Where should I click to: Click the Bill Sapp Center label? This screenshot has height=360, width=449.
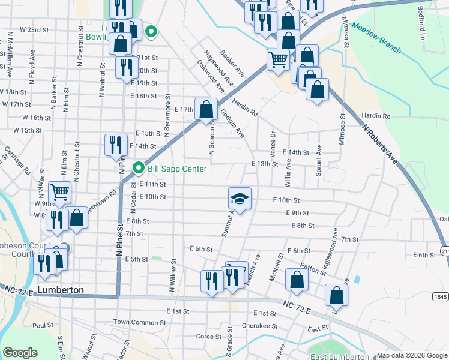click(177, 169)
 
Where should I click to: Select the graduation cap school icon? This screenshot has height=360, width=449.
click(240, 198)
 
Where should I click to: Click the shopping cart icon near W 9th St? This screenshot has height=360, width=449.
click(60, 193)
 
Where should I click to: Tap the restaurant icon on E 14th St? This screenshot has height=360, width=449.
click(115, 145)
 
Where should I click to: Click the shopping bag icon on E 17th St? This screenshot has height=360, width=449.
click(206, 109)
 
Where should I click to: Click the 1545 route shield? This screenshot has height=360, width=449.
click(439, 296)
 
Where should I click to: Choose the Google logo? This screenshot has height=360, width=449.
click(20, 353)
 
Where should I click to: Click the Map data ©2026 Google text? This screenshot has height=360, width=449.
click(411, 355)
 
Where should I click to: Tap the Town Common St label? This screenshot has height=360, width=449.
click(139, 322)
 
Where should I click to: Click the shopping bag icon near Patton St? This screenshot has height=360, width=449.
click(297, 279)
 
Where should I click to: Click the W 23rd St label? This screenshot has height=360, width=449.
click(34, 29)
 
